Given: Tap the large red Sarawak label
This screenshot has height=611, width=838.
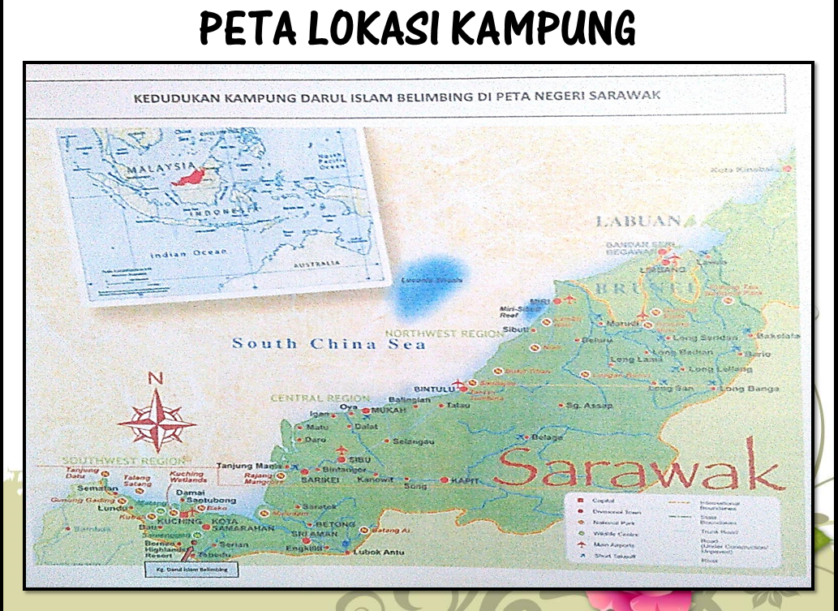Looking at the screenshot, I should pos(640,469).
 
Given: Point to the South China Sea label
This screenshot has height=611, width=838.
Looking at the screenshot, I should pos(329,343).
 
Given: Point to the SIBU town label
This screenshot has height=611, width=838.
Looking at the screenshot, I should pos(359,459).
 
